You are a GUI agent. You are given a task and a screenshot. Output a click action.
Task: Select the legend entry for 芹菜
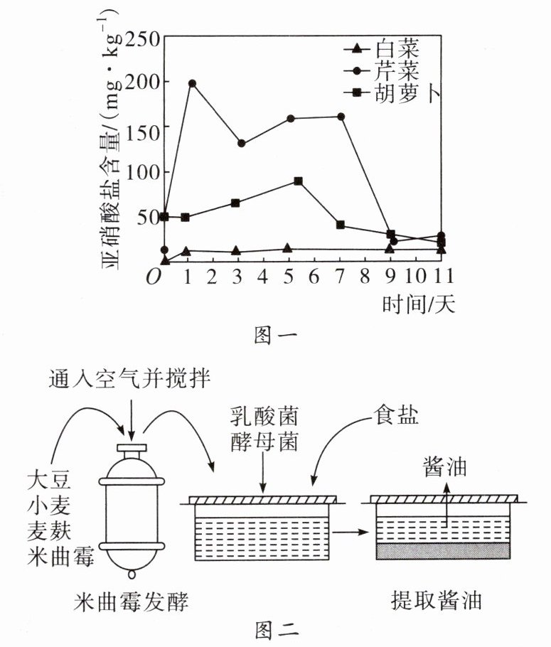click(387, 71)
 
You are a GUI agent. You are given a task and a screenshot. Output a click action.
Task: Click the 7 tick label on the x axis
click(341, 276)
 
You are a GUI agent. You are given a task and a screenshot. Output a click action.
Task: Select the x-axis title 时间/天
click(418, 304)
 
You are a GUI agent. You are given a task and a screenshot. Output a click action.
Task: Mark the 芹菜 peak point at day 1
click(192, 83)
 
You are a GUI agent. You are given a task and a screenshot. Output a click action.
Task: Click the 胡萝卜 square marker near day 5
click(298, 181)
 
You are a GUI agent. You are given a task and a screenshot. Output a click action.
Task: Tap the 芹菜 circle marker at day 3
click(241, 143)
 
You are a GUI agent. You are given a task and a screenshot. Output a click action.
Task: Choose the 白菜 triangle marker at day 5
click(287, 248)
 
